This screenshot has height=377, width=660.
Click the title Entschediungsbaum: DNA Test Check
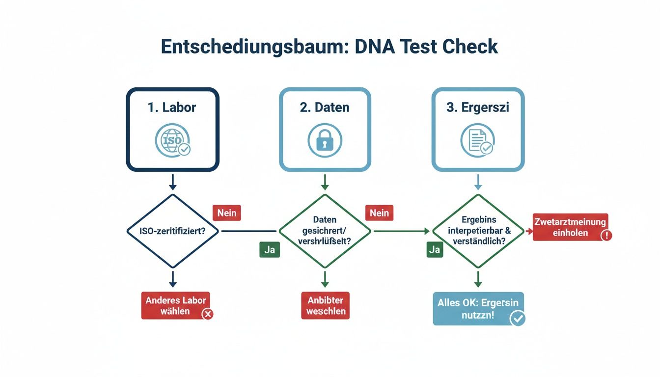[x=330, y=46]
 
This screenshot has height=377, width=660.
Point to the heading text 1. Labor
[x=172, y=108]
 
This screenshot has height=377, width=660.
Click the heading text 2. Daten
[x=325, y=108]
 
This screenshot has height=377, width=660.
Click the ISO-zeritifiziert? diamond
[x=172, y=231]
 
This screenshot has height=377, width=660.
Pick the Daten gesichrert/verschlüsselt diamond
[x=325, y=231]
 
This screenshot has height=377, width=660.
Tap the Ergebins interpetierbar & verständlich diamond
[x=478, y=231]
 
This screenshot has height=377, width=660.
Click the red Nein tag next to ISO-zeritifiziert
[x=226, y=213]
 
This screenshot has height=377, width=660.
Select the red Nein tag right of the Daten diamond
[x=379, y=213]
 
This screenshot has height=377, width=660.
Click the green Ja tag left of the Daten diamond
[x=269, y=249]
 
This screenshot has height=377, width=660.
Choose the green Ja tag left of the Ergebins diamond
[x=434, y=249]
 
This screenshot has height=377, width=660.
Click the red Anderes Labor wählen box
[x=175, y=305]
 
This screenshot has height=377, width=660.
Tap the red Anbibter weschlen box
[x=326, y=305]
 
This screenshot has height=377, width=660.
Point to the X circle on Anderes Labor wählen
[x=208, y=314]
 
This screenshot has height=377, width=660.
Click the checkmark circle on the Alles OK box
[x=517, y=319]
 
